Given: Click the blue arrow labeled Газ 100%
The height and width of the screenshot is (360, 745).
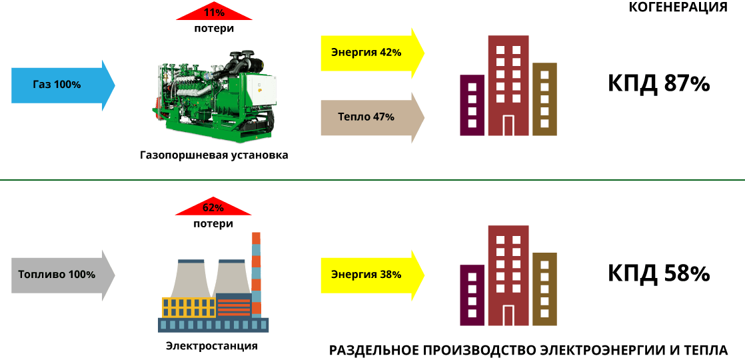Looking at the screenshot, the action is [x=63, y=85].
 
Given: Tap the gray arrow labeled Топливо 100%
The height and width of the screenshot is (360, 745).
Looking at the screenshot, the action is [x=63, y=275].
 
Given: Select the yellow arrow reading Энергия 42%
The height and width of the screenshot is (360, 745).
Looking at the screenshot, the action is [x=372, y=53].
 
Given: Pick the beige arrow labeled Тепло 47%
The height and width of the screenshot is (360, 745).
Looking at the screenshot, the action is [x=372, y=117].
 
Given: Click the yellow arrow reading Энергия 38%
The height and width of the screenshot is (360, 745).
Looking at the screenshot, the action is [x=372, y=275].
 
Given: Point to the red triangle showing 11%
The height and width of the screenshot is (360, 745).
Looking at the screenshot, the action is [x=214, y=13].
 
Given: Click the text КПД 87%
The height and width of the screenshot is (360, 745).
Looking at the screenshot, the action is [x=658, y=84].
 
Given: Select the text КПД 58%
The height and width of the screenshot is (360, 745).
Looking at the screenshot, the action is [x=658, y=274].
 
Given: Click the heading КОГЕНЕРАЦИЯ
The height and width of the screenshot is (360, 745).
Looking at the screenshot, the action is [x=678, y=7].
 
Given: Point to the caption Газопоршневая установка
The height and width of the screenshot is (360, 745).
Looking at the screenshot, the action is [x=214, y=155].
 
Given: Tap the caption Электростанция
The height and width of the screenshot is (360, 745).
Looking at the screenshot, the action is [x=212, y=346].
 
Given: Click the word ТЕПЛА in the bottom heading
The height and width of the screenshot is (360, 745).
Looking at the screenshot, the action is [x=707, y=351].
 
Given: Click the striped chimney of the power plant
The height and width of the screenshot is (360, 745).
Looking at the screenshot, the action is [x=256, y=275].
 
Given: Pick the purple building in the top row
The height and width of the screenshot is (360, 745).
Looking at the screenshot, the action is [x=472, y=105].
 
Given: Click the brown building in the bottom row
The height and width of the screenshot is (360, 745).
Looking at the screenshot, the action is [x=544, y=289].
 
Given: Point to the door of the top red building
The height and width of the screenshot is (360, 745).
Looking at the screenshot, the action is [x=508, y=125].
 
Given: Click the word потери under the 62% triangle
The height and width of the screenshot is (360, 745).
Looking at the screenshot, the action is [x=213, y=223].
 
